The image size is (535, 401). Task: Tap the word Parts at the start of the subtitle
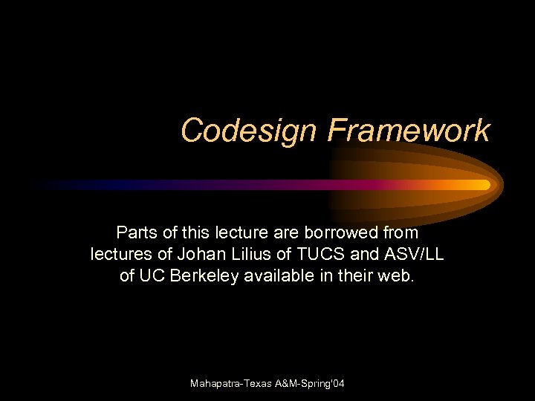(x=136, y=232)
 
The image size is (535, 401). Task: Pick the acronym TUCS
(x=324, y=254)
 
